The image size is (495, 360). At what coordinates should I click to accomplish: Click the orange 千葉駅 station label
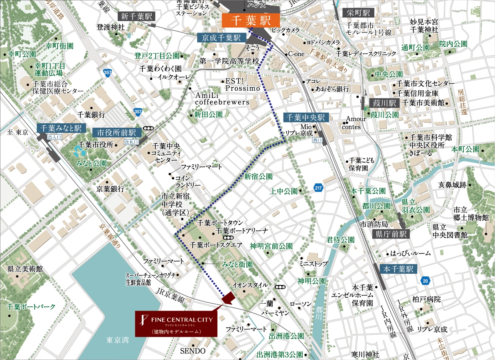(251, 20)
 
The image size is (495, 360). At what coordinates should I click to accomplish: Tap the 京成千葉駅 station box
(221, 38)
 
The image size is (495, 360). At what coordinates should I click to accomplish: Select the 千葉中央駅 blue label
(306, 118)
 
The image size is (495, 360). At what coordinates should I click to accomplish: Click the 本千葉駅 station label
(398, 269)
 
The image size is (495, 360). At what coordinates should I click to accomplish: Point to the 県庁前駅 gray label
(391, 234)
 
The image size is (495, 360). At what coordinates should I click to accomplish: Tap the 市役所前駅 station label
(116, 132)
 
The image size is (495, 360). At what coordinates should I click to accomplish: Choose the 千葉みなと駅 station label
(61, 128)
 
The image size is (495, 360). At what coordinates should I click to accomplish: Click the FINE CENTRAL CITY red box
(176, 324)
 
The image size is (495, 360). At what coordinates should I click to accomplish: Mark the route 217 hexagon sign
(318, 188)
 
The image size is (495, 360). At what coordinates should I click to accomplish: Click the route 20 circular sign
(425, 281)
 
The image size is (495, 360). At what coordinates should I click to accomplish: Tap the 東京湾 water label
(117, 340)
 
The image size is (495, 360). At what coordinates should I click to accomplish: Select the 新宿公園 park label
(258, 177)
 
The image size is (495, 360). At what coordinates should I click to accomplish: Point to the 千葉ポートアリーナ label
(242, 231)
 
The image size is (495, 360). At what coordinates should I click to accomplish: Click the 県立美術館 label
(25, 269)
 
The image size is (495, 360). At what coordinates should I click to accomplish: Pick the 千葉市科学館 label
(431, 137)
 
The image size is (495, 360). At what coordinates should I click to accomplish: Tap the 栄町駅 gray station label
(358, 13)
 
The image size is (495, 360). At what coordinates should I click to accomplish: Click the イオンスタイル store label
(250, 285)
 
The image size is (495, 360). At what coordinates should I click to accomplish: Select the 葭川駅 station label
(384, 103)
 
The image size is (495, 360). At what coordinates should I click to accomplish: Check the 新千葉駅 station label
(136, 16)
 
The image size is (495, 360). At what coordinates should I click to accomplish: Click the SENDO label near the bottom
(192, 351)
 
